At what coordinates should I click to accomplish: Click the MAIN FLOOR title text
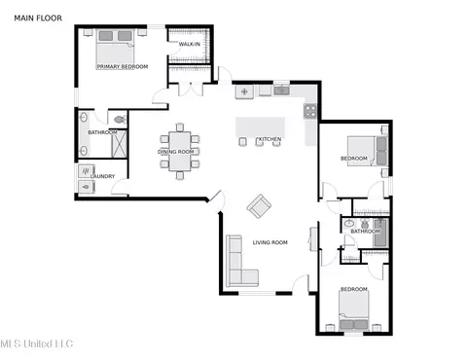pyautogui.click(x=38, y=18)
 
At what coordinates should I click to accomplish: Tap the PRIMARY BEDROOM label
pyautogui.click(x=123, y=66)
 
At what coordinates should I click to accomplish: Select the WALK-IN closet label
pyautogui.click(x=190, y=44)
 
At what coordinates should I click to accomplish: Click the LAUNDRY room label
pyautogui.click(x=102, y=176)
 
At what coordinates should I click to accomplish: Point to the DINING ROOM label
pyautogui.click(x=176, y=152)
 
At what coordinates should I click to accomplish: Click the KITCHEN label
pyautogui.click(x=269, y=139)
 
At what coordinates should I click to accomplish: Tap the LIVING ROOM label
pyautogui.click(x=269, y=242)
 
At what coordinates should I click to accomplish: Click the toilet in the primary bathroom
pyautogui.click(x=120, y=120)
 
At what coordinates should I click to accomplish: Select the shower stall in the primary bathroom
pyautogui.click(x=119, y=144)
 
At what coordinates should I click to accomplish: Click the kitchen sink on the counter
pyautogui.click(x=281, y=90)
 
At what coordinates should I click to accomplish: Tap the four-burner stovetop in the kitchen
pyautogui.click(x=310, y=111)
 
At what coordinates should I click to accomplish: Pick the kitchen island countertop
pyautogui.click(x=261, y=127)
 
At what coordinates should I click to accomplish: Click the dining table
pyautogui.click(x=180, y=151)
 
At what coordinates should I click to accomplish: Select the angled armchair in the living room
pyautogui.click(x=259, y=206)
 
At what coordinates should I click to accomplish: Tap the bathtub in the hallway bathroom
pyautogui.click(x=380, y=233)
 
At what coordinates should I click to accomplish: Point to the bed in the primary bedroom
pyautogui.click(x=115, y=48)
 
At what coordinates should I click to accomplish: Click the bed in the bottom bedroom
pyautogui.click(x=354, y=310)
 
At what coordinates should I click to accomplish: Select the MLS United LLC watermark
pyautogui.click(x=37, y=343)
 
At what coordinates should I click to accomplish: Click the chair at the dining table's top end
pyautogui.click(x=180, y=127)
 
